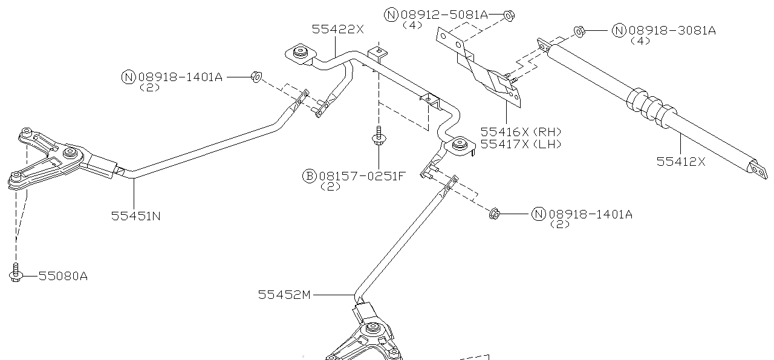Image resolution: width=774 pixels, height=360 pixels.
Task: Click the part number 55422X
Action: click(x=337, y=28)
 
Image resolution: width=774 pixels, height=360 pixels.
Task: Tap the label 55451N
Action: click(x=135, y=215)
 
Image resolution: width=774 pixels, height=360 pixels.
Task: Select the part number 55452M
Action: click(x=284, y=295)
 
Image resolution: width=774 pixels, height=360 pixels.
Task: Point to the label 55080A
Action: click(x=63, y=276)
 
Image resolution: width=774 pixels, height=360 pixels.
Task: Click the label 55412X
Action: click(x=681, y=161)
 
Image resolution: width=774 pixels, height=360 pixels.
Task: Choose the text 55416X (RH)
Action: click(x=521, y=131)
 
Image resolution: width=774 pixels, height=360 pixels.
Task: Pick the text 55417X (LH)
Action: click(x=521, y=144)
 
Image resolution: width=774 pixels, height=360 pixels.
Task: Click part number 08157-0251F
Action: click(x=362, y=176)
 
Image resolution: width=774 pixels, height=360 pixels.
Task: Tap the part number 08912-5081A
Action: click(x=444, y=15)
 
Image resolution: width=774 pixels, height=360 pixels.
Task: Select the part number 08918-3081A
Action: click(x=671, y=30)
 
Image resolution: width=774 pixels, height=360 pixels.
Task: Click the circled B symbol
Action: click(x=309, y=176)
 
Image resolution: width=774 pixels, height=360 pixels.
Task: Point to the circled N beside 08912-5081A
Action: click(x=391, y=15)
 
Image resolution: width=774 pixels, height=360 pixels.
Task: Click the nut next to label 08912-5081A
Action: click(x=509, y=14)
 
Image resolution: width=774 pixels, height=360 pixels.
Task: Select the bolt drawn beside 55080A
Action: click(x=16, y=273)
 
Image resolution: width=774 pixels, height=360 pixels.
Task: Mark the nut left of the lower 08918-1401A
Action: click(x=493, y=213)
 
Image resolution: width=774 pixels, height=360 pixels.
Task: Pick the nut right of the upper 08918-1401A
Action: click(x=256, y=77)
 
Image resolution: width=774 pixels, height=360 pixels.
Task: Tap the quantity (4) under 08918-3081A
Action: click(x=640, y=41)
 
